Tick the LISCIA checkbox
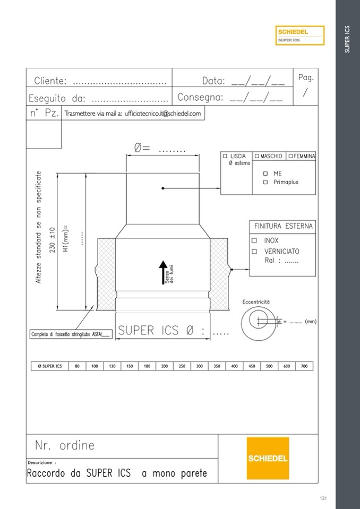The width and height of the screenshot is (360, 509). (x=225, y=156)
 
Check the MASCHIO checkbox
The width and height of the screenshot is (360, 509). (x=257, y=156)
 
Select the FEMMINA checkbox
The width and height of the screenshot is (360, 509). (x=291, y=156)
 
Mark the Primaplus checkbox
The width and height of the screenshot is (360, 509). (x=265, y=183)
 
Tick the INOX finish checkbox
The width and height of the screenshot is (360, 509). (x=254, y=240)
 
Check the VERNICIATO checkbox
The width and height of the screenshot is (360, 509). (x=254, y=252)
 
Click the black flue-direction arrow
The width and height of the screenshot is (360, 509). (x=163, y=273)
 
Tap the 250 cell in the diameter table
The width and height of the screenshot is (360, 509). (x=182, y=366)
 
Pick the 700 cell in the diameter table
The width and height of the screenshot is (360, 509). (x=304, y=366)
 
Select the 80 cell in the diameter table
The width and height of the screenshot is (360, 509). (x=78, y=366)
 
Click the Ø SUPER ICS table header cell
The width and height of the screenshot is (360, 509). (x=50, y=366)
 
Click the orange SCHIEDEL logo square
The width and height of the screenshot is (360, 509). (x=268, y=459)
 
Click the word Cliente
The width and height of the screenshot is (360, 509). (x=50, y=81)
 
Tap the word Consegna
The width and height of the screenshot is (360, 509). (x=200, y=97)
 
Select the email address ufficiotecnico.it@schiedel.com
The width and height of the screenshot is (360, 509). (x=162, y=114)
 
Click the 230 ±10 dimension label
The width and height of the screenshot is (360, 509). (x=53, y=240)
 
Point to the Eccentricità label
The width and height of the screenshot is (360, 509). (x=256, y=302)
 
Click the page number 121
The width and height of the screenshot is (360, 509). (x=323, y=498)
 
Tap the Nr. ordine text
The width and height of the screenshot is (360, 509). (x=65, y=445)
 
